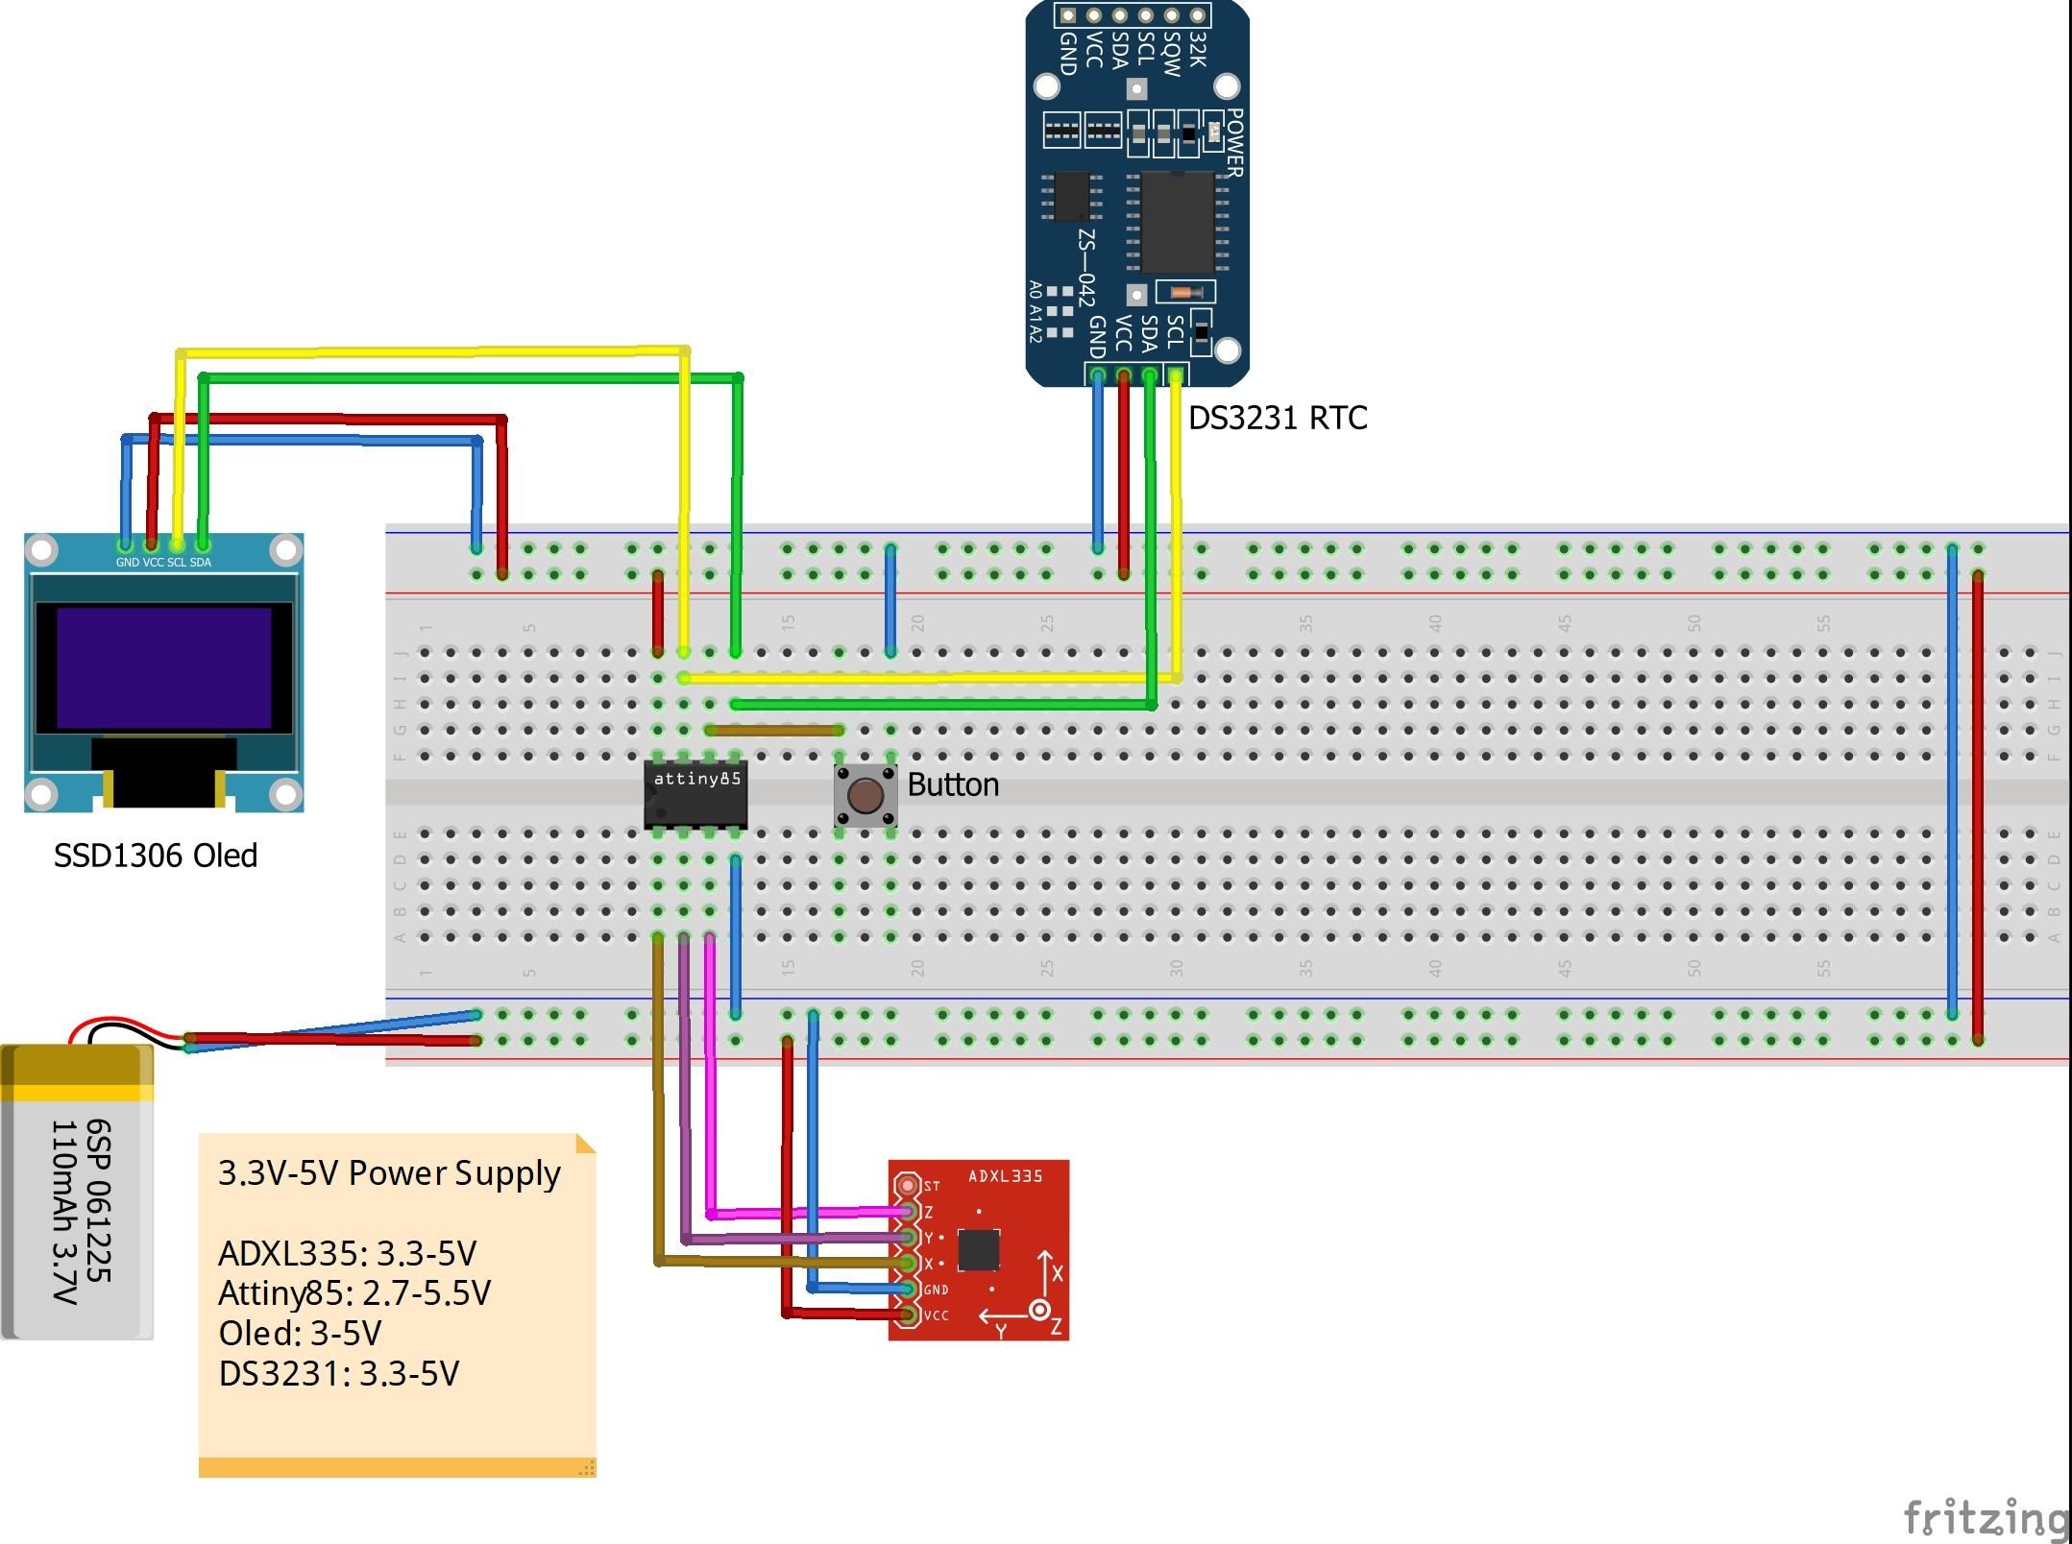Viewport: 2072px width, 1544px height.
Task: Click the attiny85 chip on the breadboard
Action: click(695, 796)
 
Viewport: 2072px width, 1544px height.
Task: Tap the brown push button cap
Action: click(865, 795)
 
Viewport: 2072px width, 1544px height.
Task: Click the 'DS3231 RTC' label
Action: click(1278, 418)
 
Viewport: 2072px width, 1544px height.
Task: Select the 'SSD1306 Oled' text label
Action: click(156, 856)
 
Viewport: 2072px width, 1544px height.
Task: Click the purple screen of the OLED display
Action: click(163, 667)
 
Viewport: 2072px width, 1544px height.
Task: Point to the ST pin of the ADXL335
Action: click(907, 1185)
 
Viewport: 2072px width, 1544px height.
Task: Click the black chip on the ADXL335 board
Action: click(978, 1249)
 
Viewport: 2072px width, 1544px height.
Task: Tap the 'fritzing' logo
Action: click(1985, 1519)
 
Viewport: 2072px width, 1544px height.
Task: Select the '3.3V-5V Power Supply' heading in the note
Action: click(389, 1173)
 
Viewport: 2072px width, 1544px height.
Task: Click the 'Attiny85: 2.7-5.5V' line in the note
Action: click(354, 1293)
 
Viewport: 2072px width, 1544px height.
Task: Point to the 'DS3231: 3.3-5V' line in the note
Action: click(339, 1374)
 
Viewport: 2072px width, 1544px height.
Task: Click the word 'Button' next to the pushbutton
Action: click(953, 785)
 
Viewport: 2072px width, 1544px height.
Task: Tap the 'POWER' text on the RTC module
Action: click(1235, 142)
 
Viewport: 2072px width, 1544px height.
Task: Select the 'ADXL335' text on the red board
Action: click(1005, 1176)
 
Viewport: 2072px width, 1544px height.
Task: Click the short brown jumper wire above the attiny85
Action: click(773, 731)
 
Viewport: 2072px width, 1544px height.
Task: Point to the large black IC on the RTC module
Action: click(1177, 221)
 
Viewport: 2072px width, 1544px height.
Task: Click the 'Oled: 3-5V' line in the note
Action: click(300, 1334)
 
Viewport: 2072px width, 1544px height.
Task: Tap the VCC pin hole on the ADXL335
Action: click(907, 1315)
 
